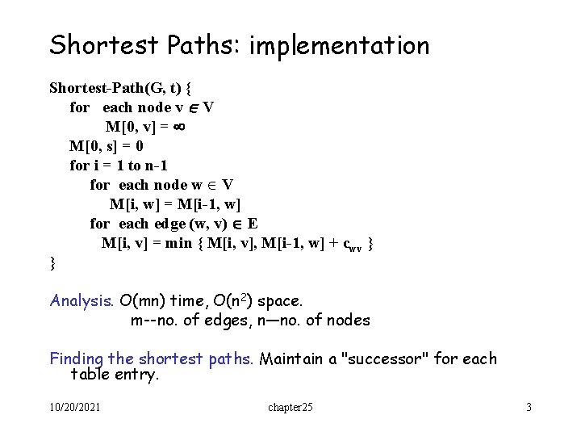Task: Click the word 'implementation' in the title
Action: point(339,46)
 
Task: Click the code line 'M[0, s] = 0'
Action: point(107,146)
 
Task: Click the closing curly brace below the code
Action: point(52,262)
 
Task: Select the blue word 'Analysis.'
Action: point(82,301)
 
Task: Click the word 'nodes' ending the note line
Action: point(348,321)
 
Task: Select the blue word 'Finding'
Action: point(78,359)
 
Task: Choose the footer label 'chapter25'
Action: point(290,408)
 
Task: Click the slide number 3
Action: point(529,408)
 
